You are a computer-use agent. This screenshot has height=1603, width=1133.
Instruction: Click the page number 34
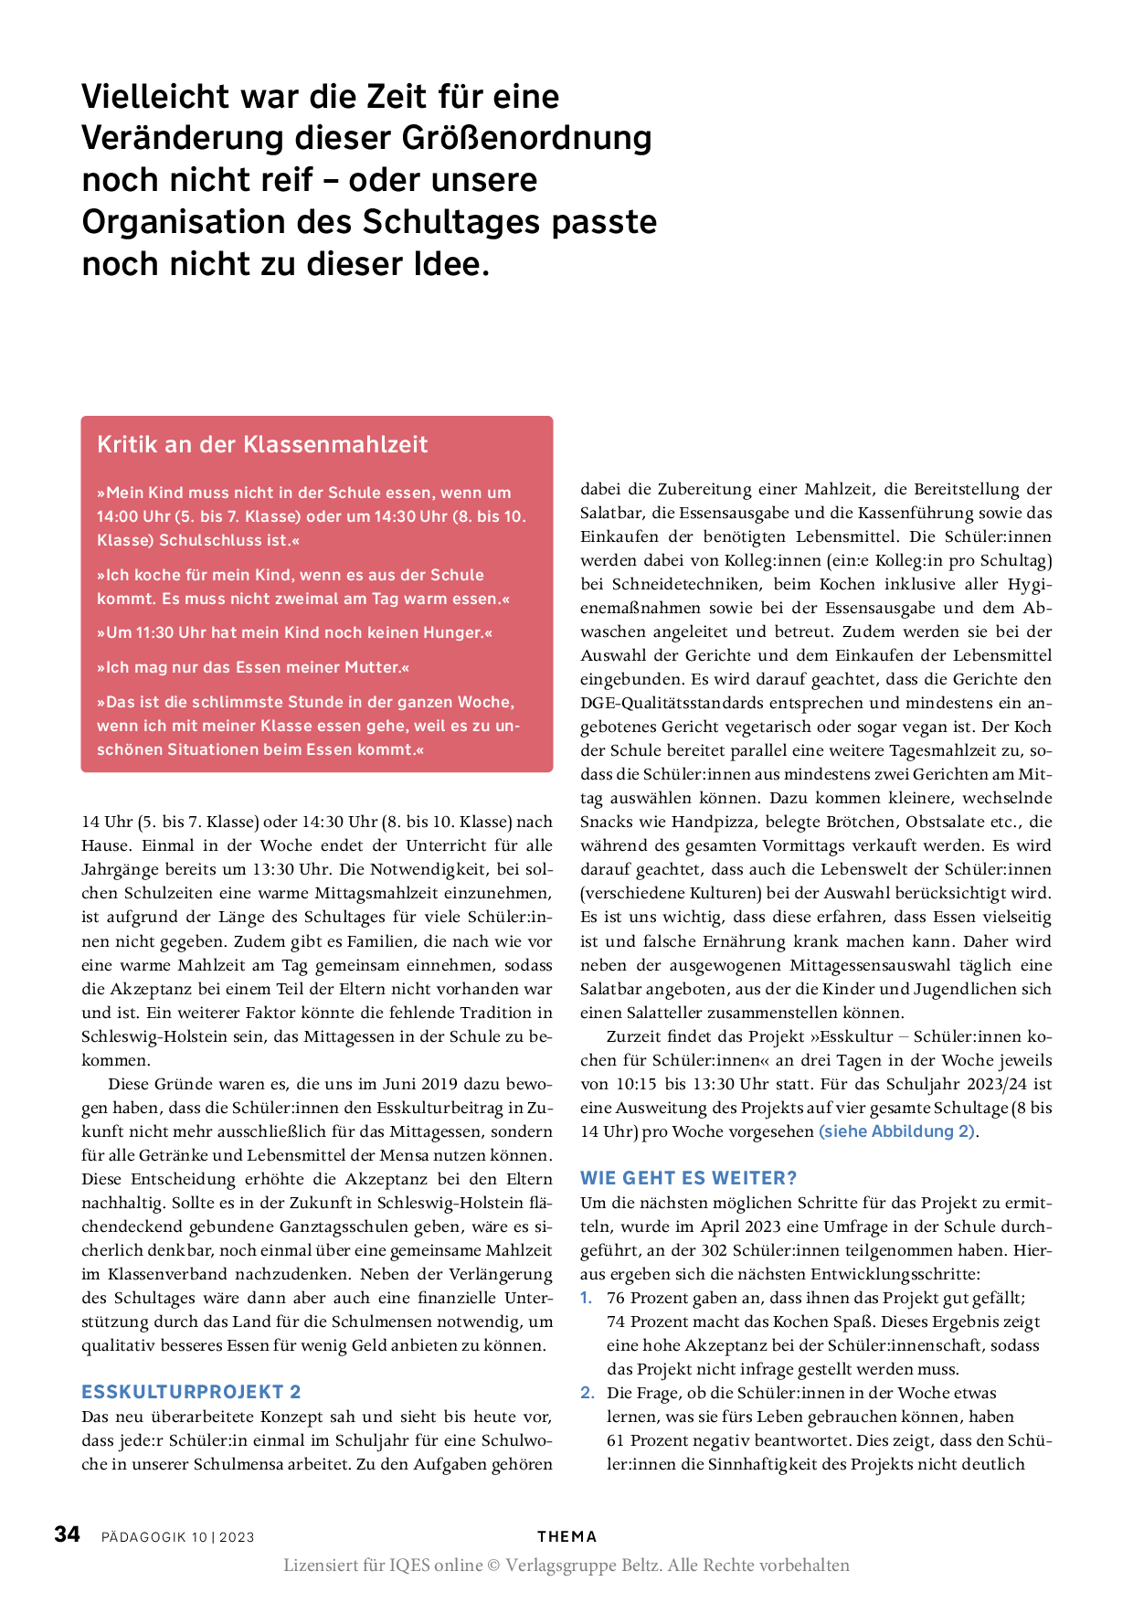click(x=68, y=1534)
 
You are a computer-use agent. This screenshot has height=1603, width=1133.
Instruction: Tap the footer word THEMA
click(x=566, y=1536)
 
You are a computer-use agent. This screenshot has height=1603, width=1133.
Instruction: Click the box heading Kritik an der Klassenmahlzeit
click(x=262, y=445)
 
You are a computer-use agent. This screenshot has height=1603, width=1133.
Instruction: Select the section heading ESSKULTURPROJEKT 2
click(x=191, y=1392)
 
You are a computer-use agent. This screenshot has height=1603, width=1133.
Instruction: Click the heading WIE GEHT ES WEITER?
click(x=689, y=1178)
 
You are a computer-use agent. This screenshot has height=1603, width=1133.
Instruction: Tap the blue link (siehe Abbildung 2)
click(x=896, y=1131)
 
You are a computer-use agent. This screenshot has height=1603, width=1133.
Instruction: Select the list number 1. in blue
click(x=587, y=1298)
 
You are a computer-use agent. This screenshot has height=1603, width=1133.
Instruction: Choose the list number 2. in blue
click(x=588, y=1393)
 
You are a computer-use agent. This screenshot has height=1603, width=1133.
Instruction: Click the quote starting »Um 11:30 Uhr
click(x=294, y=632)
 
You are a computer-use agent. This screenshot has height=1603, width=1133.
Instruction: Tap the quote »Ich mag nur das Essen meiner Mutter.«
click(x=253, y=667)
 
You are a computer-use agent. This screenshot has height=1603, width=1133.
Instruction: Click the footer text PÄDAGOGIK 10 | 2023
click(x=178, y=1537)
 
